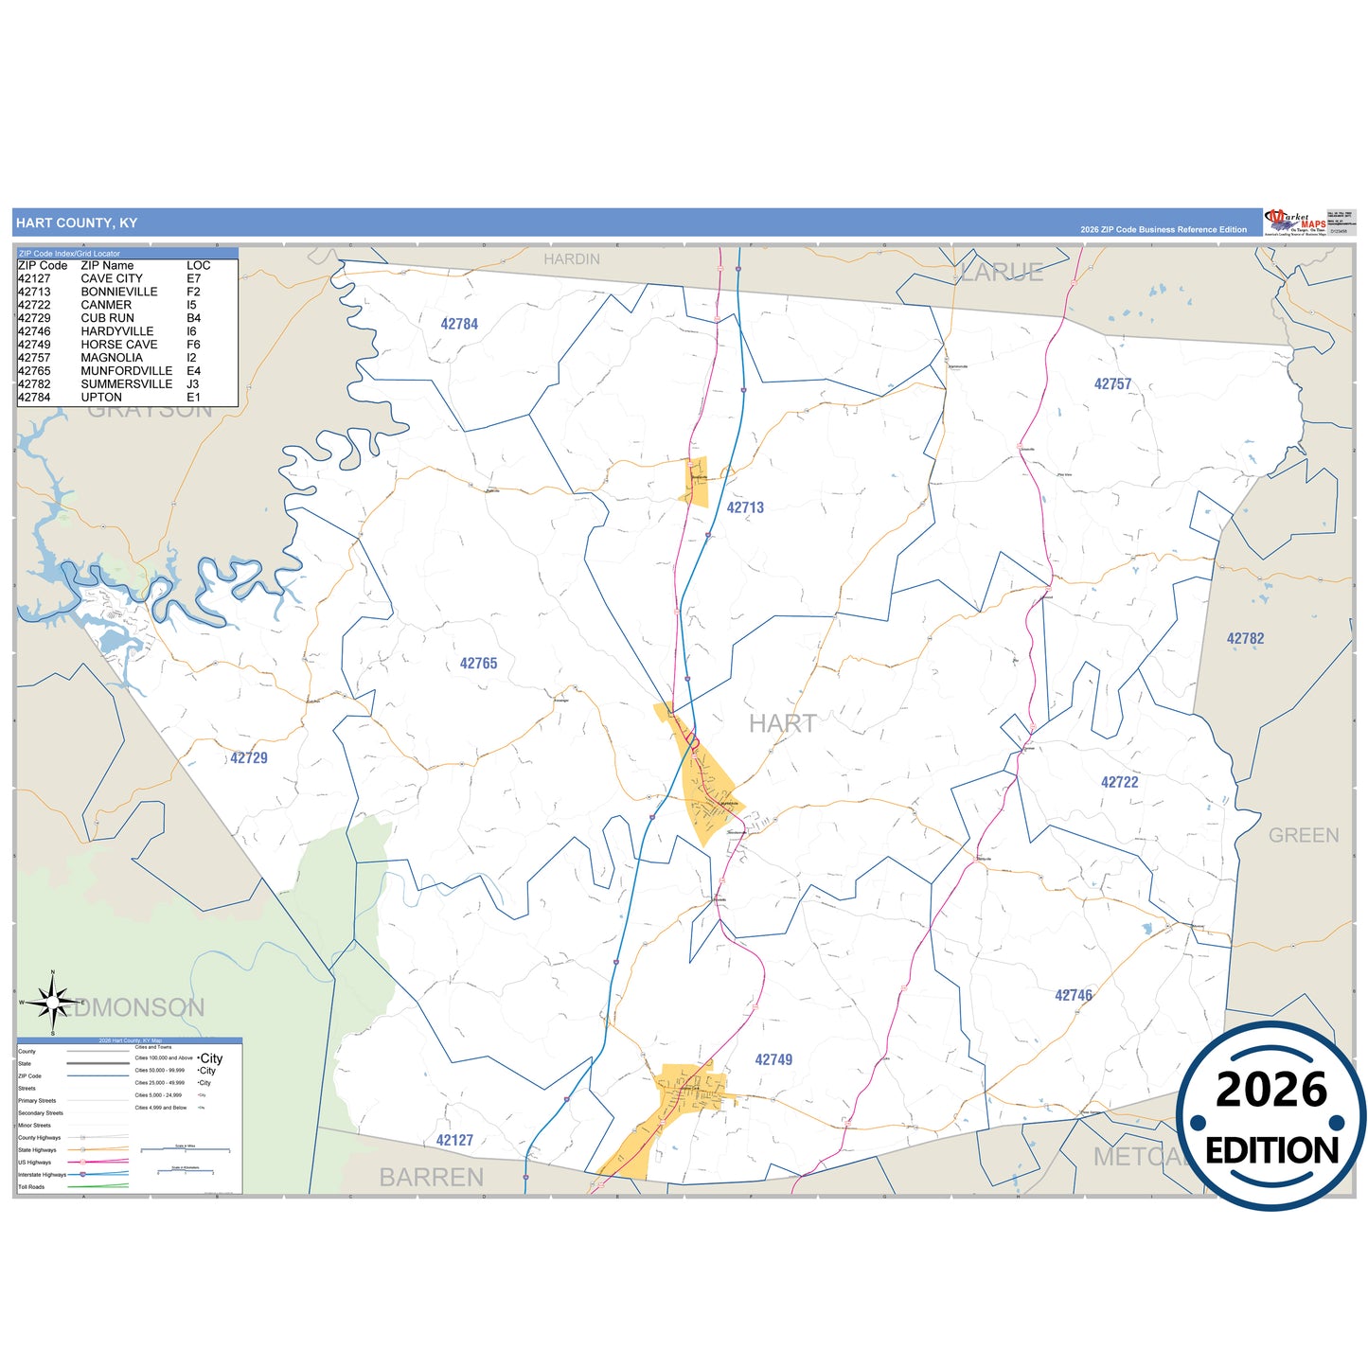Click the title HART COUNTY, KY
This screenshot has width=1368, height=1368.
click(77, 223)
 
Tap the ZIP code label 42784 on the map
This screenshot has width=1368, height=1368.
click(459, 324)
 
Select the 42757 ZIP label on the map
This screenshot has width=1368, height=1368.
click(1112, 384)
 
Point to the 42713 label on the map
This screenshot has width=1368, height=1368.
click(745, 507)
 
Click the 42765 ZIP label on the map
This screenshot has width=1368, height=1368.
click(478, 664)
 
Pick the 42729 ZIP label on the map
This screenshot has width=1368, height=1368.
click(249, 757)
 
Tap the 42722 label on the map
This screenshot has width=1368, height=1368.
click(1119, 782)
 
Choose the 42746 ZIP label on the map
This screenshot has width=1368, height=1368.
click(1074, 995)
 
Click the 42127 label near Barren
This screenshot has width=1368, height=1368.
click(454, 1140)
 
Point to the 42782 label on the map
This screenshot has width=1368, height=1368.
click(1245, 639)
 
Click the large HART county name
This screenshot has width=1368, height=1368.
click(782, 723)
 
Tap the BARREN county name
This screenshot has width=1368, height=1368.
click(431, 1177)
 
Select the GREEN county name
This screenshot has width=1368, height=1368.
click(1304, 835)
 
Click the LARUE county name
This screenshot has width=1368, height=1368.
click(1002, 273)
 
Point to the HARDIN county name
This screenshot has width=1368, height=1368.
click(572, 259)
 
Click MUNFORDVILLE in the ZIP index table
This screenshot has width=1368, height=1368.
click(127, 371)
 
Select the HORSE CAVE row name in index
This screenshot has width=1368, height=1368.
click(119, 345)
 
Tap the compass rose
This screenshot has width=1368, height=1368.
click(53, 1002)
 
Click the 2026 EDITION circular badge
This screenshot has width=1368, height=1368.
click(1270, 1116)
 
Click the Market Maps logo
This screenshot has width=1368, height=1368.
click(1295, 222)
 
